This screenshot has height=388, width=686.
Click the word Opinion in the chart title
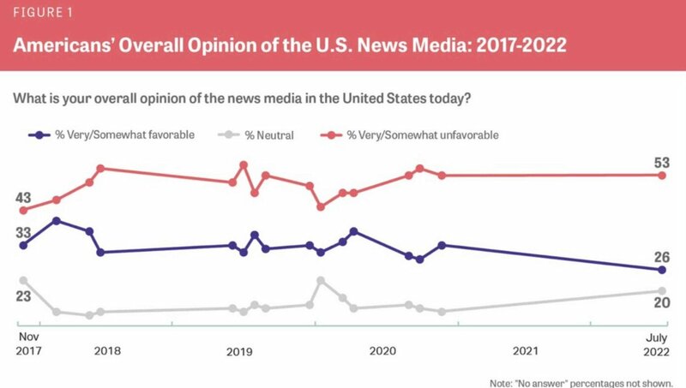click(203, 46)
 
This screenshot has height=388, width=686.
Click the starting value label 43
click(23, 197)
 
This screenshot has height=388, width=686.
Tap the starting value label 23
click(23, 296)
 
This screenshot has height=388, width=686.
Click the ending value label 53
click(661, 164)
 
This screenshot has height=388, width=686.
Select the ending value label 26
click(661, 257)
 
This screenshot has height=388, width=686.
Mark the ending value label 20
click(661, 302)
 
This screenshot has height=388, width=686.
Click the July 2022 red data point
click(662, 176)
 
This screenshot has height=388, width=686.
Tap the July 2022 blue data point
click(662, 270)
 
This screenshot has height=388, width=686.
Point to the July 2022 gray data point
click(662, 291)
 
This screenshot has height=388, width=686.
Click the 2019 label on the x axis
click(239, 351)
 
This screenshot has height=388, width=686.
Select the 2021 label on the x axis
click(525, 351)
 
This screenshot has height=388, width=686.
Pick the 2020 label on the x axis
click(382, 351)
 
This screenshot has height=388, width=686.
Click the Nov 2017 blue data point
click(23, 246)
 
